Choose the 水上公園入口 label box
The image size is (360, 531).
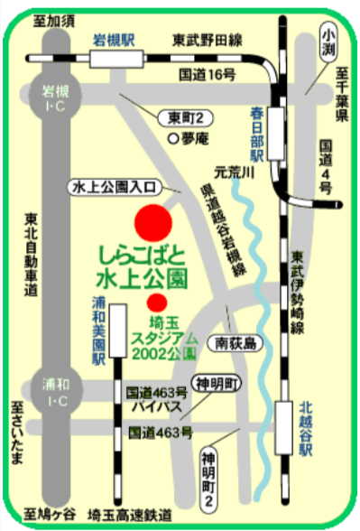click(115, 187)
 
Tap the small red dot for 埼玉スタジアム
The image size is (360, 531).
click(157, 301)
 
